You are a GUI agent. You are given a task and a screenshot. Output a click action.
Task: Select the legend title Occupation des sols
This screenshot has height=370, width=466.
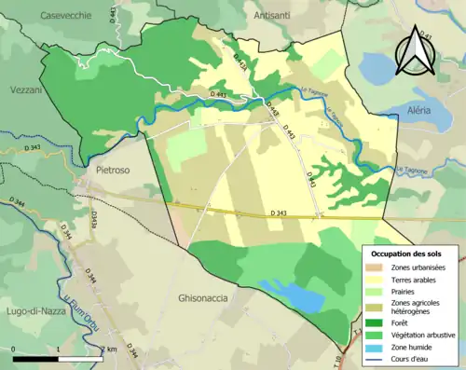(406, 254)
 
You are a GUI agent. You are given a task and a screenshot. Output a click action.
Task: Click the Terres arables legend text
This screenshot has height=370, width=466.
(415, 279)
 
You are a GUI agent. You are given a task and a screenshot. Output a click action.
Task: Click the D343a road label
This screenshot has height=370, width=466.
(95, 219)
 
